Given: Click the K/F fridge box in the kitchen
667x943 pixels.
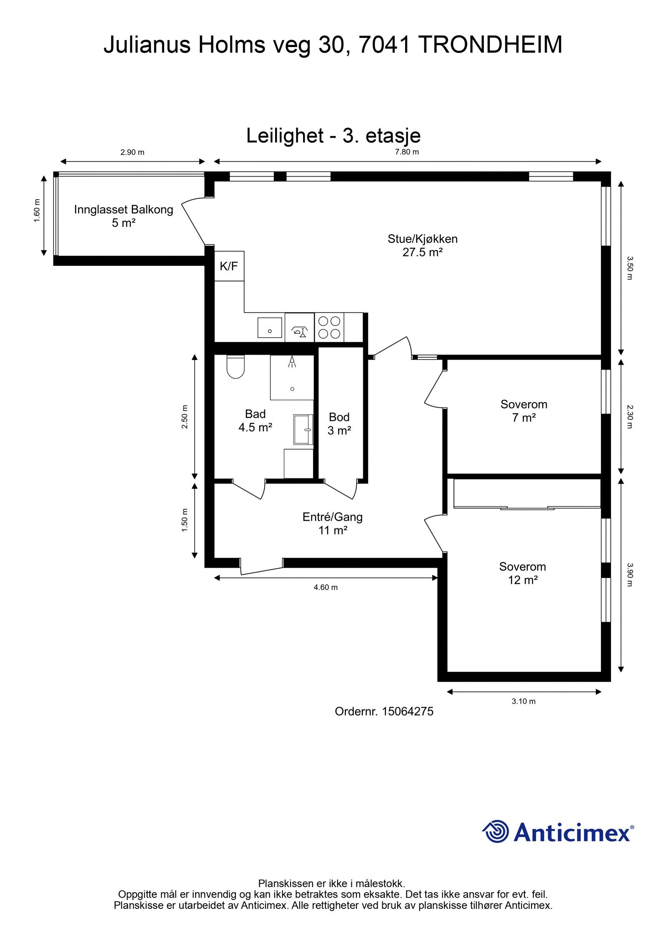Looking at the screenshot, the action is pyautogui.click(x=229, y=266).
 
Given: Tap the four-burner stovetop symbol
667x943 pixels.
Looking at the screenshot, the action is pyautogui.click(x=329, y=328).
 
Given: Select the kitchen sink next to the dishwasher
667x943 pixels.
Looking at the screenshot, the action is pyautogui.click(x=270, y=328).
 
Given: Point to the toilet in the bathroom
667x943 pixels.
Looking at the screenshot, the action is pyautogui.click(x=236, y=367).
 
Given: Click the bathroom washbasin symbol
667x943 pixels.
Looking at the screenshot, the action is pyautogui.click(x=303, y=430).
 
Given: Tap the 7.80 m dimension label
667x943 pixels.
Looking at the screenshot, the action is pyautogui.click(x=407, y=152).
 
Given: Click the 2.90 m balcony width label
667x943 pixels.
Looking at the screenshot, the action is pyautogui.click(x=133, y=153).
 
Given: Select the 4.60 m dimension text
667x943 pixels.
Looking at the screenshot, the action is pyautogui.click(x=326, y=588).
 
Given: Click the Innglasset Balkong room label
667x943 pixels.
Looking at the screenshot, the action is pyautogui.click(x=124, y=216).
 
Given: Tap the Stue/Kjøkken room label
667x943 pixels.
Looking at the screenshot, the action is pyautogui.click(x=423, y=245).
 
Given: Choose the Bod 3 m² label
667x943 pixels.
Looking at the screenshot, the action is pyautogui.click(x=339, y=424).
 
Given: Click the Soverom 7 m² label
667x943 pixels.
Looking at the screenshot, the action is pyautogui.click(x=524, y=411).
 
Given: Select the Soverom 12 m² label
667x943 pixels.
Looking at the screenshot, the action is pyautogui.click(x=523, y=573).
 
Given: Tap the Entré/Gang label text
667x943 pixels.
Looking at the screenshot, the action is pyautogui.click(x=333, y=517).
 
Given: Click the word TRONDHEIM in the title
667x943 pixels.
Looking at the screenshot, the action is pyautogui.click(x=490, y=45).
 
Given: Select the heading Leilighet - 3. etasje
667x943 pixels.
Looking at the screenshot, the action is pyautogui.click(x=333, y=135).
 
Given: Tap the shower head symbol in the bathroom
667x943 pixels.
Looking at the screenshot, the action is pyautogui.click(x=292, y=361).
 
